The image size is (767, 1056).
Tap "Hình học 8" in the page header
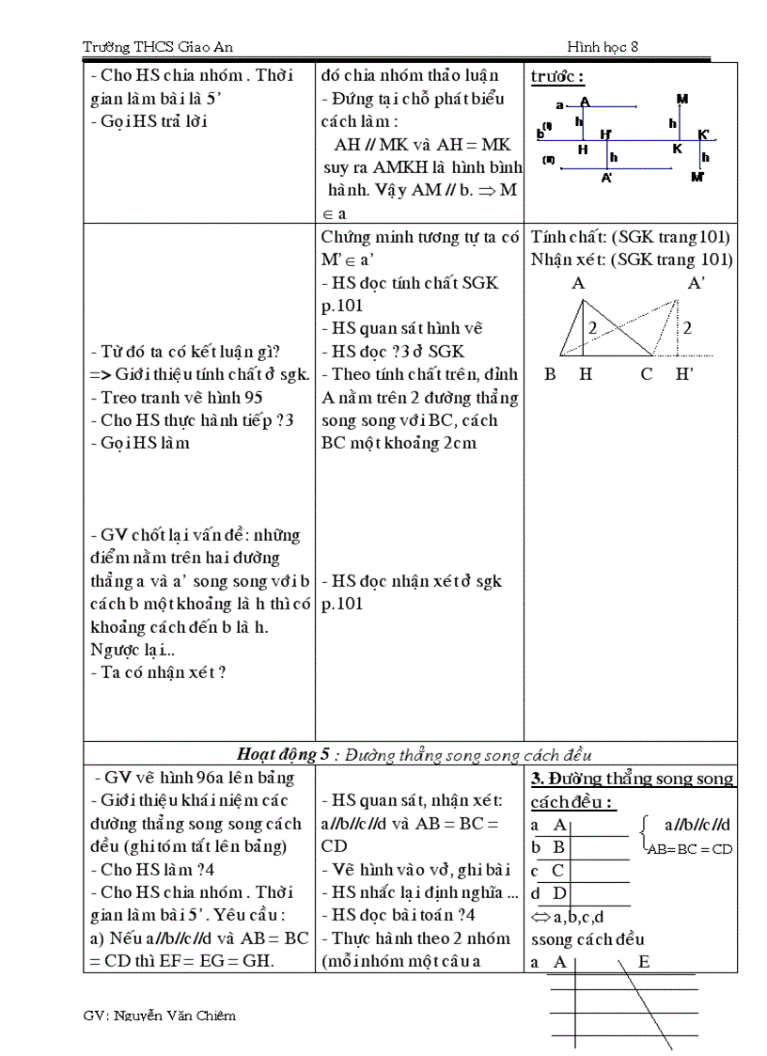603,47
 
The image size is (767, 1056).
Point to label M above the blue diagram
681,98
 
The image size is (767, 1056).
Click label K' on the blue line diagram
704,134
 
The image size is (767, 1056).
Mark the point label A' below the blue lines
607,178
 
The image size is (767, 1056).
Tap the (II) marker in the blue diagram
548,159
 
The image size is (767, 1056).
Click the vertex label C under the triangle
647,374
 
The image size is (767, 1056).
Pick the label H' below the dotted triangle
684,374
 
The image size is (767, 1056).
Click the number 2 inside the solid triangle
593,328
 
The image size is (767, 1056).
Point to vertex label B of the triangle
550,374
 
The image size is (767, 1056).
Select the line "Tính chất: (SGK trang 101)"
630,237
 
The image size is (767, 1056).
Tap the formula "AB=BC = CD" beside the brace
690,849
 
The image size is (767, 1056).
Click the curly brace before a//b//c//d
645,835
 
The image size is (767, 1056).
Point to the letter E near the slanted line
644,961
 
